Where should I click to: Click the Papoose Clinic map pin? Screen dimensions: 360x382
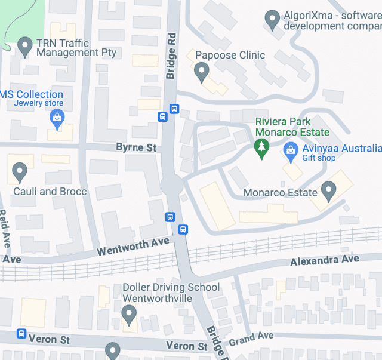pyautogui.click(x=202, y=72)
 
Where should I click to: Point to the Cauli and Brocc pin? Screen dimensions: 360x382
pyautogui.click(x=20, y=172)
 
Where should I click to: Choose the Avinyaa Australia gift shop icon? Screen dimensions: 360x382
pyautogui.click(x=291, y=149)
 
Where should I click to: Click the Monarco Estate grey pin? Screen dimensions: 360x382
pyautogui.click(x=328, y=191)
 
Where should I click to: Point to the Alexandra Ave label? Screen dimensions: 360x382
pyautogui.click(x=325, y=260)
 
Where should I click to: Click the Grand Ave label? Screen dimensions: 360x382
pyautogui.click(x=251, y=339)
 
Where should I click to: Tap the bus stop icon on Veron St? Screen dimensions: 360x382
pyautogui.click(x=21, y=334)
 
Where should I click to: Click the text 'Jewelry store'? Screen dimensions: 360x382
pyautogui.click(x=39, y=103)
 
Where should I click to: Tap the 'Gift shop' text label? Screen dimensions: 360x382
pyautogui.click(x=319, y=158)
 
